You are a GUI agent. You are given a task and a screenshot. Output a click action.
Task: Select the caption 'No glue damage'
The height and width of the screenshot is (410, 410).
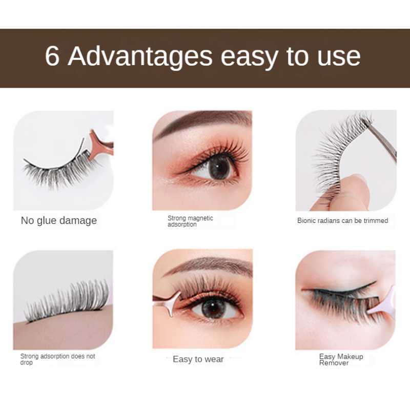coord(58,221)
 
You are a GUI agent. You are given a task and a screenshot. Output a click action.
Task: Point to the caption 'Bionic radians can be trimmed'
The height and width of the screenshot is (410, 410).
coord(342,221)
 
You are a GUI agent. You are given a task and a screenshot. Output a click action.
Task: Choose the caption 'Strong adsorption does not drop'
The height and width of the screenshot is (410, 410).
coord(57,359)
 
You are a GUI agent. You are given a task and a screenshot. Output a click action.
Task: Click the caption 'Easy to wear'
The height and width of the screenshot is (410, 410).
coord(198,359)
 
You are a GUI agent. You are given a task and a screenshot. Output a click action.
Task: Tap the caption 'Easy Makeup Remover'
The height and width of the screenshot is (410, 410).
coord(341,360)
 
